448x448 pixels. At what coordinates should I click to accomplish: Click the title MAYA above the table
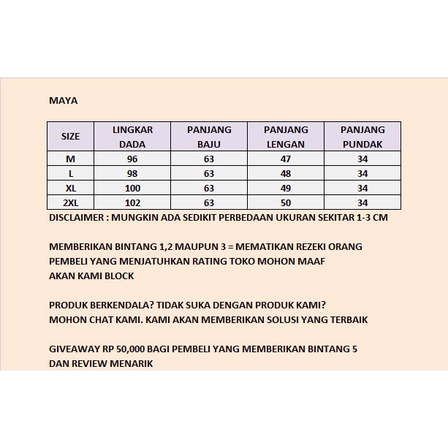pyautogui.click(x=63, y=101)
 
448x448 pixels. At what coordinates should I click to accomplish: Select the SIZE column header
pyautogui.click(x=71, y=137)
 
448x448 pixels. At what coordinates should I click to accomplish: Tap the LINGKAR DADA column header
pyautogui.click(x=132, y=137)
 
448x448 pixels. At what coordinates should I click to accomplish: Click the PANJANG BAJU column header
pyautogui.click(x=209, y=137)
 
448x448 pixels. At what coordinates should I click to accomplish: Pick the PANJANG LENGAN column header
pyautogui.click(x=286, y=137)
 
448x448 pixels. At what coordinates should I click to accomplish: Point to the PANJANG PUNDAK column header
pyautogui.click(x=362, y=137)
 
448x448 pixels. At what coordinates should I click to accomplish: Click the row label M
pyautogui.click(x=71, y=159)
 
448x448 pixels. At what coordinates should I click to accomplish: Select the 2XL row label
pyautogui.click(x=71, y=203)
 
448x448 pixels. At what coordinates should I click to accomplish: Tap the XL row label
pyautogui.click(x=71, y=189)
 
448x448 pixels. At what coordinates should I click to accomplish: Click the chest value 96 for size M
pyautogui.click(x=132, y=159)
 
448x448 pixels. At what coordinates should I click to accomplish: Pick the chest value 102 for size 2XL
pyautogui.click(x=132, y=203)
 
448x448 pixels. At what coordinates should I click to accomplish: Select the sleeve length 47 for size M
pyautogui.click(x=286, y=159)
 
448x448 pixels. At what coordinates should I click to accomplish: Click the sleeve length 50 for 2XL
pyautogui.click(x=286, y=203)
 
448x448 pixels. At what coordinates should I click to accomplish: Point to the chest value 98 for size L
pyautogui.click(x=132, y=174)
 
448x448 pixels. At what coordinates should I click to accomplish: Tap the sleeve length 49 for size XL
pyautogui.click(x=286, y=189)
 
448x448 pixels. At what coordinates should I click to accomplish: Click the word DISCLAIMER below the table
pyautogui.click(x=77, y=218)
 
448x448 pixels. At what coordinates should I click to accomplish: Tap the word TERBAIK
pyautogui.click(x=348, y=320)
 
